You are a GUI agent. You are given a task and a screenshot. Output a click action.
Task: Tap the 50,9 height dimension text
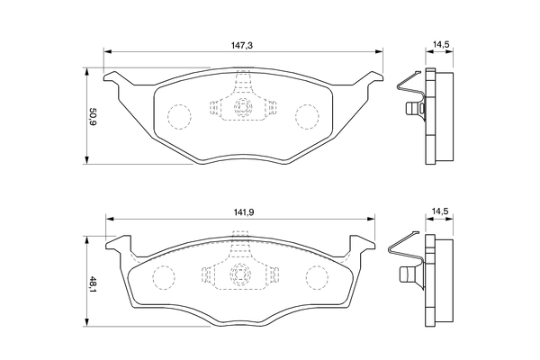click(92, 116)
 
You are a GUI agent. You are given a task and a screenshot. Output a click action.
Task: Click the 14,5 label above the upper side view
click(441, 41)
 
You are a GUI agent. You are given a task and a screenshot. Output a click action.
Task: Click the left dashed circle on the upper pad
click(181, 116)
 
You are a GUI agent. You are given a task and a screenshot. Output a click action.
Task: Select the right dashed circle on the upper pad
click(308, 115)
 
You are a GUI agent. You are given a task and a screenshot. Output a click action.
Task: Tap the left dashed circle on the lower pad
click(164, 276)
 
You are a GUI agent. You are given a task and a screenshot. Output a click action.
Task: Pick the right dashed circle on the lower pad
click(317, 276)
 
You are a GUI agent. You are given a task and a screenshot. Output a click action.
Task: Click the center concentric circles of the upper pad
click(241, 108)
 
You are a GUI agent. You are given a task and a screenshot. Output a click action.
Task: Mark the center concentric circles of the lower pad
click(240, 274)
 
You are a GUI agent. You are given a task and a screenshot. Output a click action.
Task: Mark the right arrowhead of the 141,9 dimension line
click(372, 219)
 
